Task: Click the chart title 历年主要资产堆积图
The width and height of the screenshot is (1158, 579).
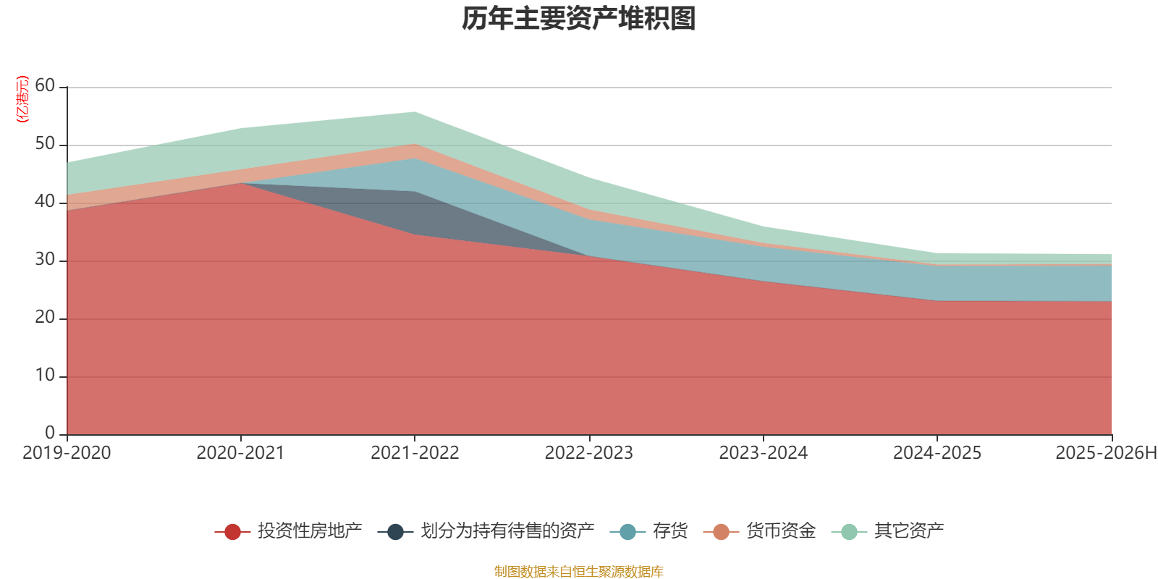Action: [x=579, y=19]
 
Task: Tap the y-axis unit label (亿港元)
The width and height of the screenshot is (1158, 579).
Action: [x=22, y=99]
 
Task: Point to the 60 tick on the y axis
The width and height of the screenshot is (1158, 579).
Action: [x=45, y=86]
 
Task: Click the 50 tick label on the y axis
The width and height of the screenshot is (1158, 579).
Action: [x=45, y=144]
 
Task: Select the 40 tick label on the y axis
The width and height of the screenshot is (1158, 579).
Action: [x=45, y=202]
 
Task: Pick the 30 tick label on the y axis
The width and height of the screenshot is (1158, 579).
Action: [x=45, y=260]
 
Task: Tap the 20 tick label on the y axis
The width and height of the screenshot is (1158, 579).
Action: [x=45, y=318]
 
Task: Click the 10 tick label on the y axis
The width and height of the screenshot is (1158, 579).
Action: [x=45, y=376]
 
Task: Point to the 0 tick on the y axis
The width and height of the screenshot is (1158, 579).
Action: [x=49, y=433]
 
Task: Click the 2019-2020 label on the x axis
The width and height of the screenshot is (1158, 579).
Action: [x=67, y=453]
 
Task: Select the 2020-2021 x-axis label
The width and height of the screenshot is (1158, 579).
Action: [x=240, y=453]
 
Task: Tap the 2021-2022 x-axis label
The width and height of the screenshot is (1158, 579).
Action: [x=415, y=453]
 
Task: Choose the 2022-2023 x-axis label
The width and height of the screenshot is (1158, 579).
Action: [x=588, y=453]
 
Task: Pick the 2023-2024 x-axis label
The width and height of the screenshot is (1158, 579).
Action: [x=763, y=453]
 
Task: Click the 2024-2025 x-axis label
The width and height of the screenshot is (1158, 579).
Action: [x=937, y=453]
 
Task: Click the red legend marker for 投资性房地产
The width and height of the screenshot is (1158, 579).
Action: [x=232, y=532]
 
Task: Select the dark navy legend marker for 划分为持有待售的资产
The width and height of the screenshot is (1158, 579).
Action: [x=395, y=532]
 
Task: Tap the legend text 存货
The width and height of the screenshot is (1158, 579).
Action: [x=669, y=531]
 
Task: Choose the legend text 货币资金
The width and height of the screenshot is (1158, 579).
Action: [x=780, y=531]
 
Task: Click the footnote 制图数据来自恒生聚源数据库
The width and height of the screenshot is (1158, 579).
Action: [x=579, y=572]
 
